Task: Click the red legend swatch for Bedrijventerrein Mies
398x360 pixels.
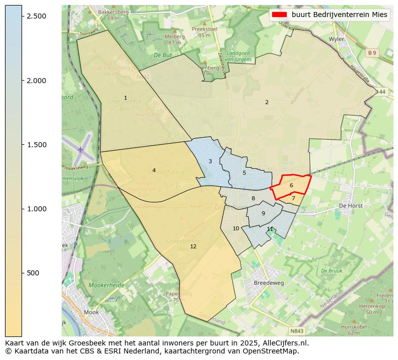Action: (279, 15)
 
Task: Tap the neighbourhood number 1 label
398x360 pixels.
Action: (125, 98)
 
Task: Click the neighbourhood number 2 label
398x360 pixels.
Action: (267, 102)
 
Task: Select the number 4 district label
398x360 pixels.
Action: (154, 170)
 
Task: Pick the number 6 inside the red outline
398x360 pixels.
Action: (291, 185)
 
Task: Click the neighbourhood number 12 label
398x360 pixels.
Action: (193, 246)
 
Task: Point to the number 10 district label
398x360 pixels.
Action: (236, 228)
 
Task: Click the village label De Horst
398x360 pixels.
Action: (350, 205)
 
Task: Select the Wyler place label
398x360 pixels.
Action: (336, 39)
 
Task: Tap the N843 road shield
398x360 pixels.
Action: (297, 331)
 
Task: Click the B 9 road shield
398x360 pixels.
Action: (371, 53)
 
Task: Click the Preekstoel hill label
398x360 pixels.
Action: (204, 29)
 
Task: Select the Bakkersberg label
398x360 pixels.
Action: (113, 12)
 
